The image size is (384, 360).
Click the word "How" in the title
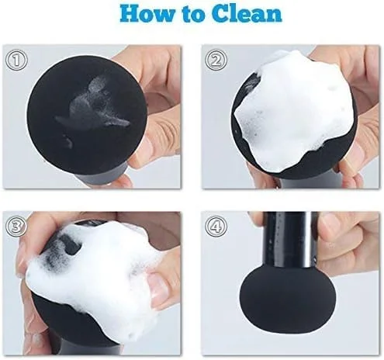pyautogui.click(x=147, y=13)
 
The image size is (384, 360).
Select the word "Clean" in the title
pyautogui.click(x=247, y=13)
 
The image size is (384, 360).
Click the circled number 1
pyautogui.click(x=16, y=60)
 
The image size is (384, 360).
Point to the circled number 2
pyautogui.click(x=216, y=60)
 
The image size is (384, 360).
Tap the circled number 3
pyautogui.click(x=16, y=227)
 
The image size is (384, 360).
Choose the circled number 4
pyautogui.click(x=216, y=227)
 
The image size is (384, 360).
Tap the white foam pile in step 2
pyautogui.click(x=293, y=109)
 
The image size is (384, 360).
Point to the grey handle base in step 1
pyautogui.click(x=102, y=177)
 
